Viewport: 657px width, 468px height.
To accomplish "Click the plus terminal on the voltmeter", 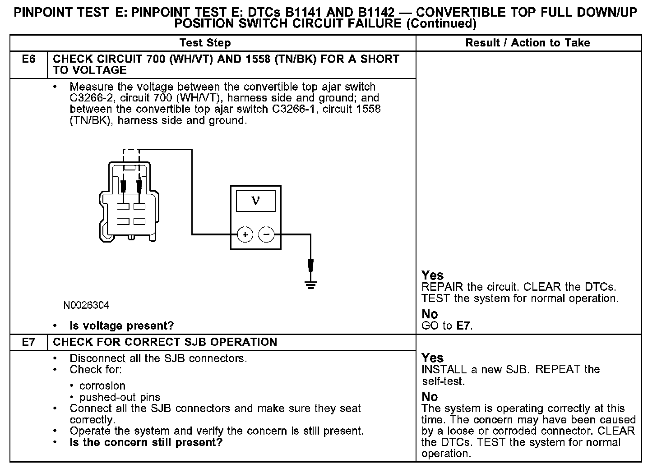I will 245,234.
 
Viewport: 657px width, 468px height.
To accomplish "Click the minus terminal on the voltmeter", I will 266,234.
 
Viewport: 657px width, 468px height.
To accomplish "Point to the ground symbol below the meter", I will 310,284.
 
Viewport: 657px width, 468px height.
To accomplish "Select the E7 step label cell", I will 28,342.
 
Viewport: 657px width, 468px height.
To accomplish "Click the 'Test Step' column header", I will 205,43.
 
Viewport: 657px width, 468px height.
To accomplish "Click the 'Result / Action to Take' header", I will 527,43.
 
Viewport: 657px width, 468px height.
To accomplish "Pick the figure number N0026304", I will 86,305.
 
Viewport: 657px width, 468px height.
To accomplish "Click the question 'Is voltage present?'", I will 121,326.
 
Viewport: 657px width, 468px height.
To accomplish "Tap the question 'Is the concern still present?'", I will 146,442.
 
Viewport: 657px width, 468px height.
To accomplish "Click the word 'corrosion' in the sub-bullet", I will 102,385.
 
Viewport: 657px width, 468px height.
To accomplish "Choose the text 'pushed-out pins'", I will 120,397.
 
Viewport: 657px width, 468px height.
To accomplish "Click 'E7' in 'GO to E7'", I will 463,326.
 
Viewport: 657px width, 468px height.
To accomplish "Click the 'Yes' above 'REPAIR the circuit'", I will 432,275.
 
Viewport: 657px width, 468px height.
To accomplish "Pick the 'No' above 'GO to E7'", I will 430,314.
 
